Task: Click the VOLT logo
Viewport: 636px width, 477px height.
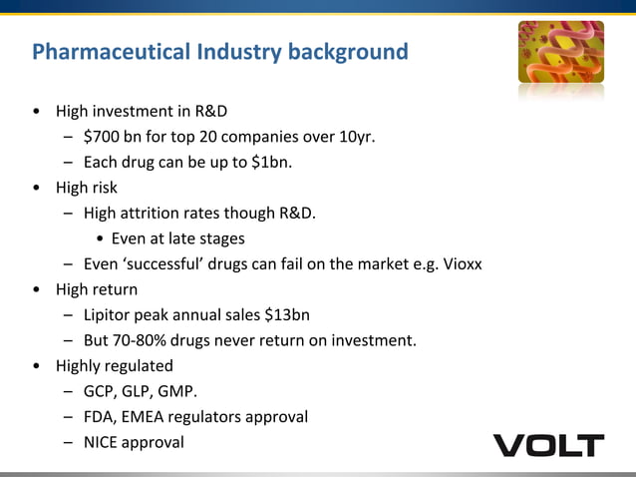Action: coord(548,445)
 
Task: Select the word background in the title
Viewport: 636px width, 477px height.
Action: coord(348,51)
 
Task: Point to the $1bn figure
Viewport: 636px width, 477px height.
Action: coord(267,163)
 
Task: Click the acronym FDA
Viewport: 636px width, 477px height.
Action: coord(100,416)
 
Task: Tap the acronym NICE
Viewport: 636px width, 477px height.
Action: coord(102,442)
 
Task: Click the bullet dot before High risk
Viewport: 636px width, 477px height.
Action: coord(37,188)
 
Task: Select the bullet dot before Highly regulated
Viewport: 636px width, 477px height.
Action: coord(37,366)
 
